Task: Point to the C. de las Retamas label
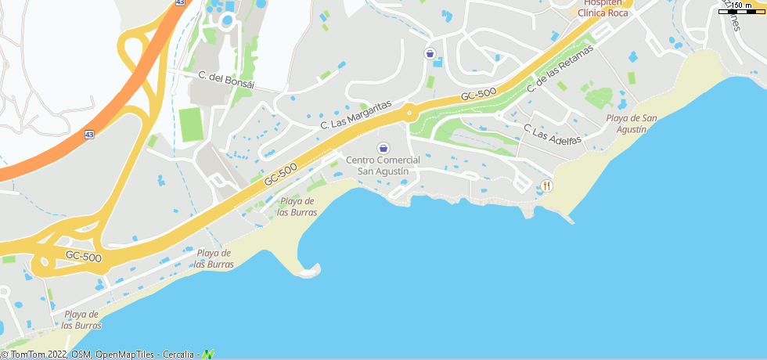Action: click(560, 70)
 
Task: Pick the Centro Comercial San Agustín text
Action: click(383, 165)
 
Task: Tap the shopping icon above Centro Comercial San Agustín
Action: click(383, 148)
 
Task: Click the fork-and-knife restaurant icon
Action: click(546, 185)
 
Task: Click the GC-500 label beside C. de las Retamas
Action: click(479, 95)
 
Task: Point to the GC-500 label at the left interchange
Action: click(83, 256)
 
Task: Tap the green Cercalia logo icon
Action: click(208, 355)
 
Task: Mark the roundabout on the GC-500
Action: click(409, 113)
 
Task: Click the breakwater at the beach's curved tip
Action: click(310, 272)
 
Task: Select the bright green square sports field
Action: click(191, 124)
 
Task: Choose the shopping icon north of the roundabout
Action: click(430, 53)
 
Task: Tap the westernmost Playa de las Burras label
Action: click(81, 319)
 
